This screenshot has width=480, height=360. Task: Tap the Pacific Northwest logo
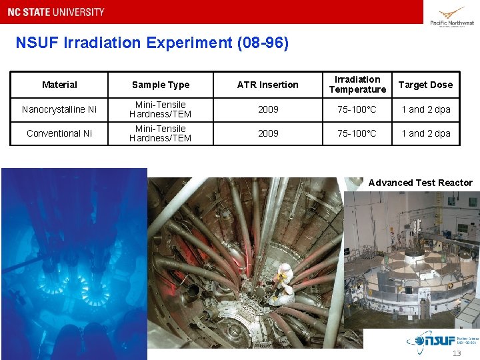[452, 16]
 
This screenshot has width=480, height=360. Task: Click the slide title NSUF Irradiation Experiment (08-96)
[152, 43]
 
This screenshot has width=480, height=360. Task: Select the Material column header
[59, 85]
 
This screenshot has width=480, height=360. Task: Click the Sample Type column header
[161, 85]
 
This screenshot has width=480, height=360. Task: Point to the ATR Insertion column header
[268, 85]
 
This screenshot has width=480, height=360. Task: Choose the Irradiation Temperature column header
[357, 85]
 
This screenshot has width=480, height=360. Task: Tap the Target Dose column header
[425, 85]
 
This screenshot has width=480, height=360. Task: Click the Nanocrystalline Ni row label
[59, 109]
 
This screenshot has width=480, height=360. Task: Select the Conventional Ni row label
[59, 133]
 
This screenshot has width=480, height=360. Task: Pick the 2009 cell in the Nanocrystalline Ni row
[268, 109]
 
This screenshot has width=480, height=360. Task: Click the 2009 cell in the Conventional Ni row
[268, 133]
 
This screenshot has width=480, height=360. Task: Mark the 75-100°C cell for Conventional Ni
[357, 133]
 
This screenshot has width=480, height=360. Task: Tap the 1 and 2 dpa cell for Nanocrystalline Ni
[425, 109]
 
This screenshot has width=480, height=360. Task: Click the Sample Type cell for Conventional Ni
[160, 133]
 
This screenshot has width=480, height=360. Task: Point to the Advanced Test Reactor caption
[420, 183]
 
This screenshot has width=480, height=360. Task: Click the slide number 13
[456, 353]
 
